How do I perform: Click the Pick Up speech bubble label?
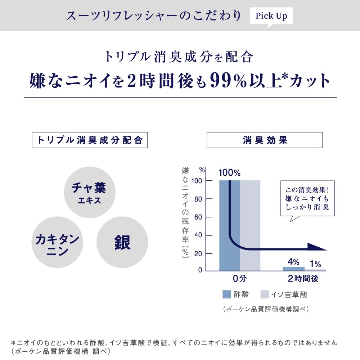coord(271,16)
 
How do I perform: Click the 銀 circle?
coord(122,242)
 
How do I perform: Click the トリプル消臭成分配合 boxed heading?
coord(90,140)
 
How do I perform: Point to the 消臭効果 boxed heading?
coord(264,140)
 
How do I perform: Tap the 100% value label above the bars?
coord(229,173)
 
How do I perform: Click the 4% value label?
coord(293,262)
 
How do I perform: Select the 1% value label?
coord(315,264)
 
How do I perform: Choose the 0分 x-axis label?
coord(239,279)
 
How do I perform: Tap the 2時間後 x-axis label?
coord(303,279)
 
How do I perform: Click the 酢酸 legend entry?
coord(236,294)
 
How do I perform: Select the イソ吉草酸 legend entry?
coord(284,294)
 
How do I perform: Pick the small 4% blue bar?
coord(293,269)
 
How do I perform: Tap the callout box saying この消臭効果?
coord(307,198)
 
